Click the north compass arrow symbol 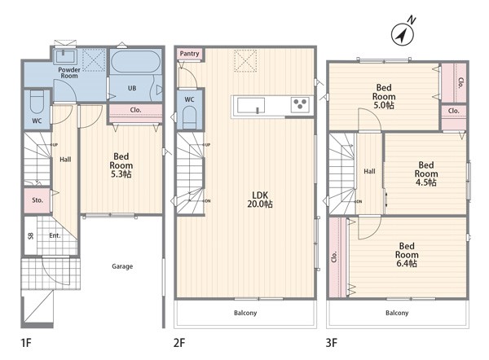[403, 33]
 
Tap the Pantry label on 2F [189, 54]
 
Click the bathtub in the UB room [135, 61]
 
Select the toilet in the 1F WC [37, 102]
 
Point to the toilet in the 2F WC [189, 117]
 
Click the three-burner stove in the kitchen [300, 104]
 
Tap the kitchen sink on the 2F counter [251, 105]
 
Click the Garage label [122, 266]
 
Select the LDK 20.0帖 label [260, 200]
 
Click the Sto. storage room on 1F [37, 200]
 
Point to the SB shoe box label [31, 235]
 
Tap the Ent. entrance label [55, 235]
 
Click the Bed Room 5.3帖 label [121, 165]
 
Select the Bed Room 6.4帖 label [407, 255]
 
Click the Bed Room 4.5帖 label [426, 173]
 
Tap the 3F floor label [332, 343]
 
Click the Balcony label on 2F [245, 313]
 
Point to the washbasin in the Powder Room [65, 56]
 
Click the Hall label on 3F [369, 171]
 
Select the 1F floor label [26, 343]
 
